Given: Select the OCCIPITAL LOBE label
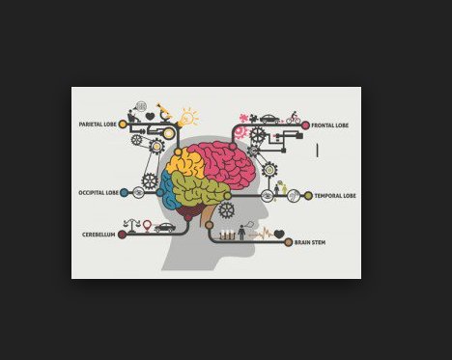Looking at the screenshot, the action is click(x=99, y=193).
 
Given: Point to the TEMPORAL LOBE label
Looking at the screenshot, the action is click(x=335, y=196).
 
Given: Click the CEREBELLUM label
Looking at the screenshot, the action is click(x=98, y=234).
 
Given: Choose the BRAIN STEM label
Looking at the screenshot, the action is click(x=309, y=242).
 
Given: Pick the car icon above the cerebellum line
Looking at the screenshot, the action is click(x=164, y=228).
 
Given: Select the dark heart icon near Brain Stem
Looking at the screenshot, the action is click(x=278, y=234).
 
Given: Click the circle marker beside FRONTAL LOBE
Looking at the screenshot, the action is click(x=305, y=125).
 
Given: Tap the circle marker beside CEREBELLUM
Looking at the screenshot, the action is click(x=122, y=234).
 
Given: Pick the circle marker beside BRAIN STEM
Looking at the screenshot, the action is click(x=288, y=242).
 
